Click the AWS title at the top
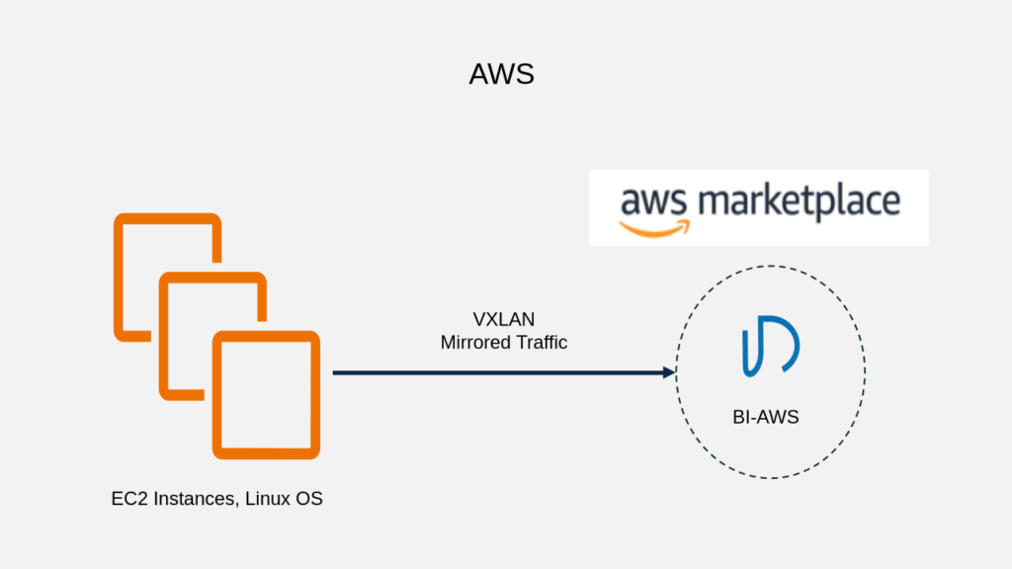(x=501, y=74)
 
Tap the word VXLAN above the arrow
(x=504, y=319)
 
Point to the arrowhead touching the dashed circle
(x=669, y=372)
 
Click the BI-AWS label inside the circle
(x=766, y=417)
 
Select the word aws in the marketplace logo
(x=651, y=203)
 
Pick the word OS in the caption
(x=309, y=499)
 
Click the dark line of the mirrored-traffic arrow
(x=494, y=373)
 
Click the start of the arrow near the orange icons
(x=336, y=373)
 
